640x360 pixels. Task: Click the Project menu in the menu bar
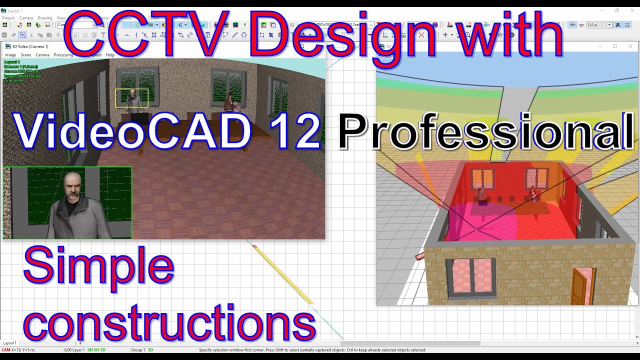(x=8, y=18)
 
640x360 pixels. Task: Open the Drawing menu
(x=45, y=18)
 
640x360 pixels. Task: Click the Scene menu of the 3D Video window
(x=25, y=55)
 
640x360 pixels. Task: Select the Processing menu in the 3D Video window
(x=63, y=55)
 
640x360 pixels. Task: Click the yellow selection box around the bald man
(x=132, y=98)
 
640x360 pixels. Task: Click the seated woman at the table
(x=229, y=102)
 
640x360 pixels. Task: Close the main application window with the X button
(x=631, y=10)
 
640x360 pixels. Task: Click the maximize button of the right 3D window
(x=615, y=46)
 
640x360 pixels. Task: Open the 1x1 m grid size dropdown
(x=609, y=25)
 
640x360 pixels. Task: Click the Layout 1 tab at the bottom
(x=9, y=343)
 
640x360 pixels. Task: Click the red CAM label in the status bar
(x=5, y=350)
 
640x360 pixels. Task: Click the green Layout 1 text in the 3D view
(x=12, y=62)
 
